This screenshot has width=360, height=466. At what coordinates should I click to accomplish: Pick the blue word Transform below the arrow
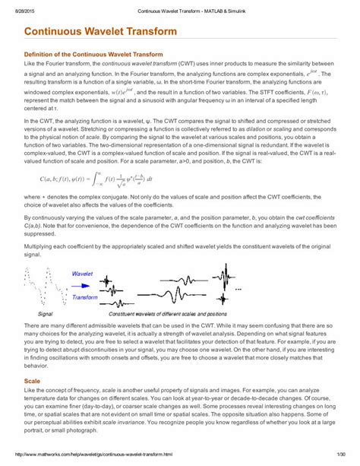pos(85,298)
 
